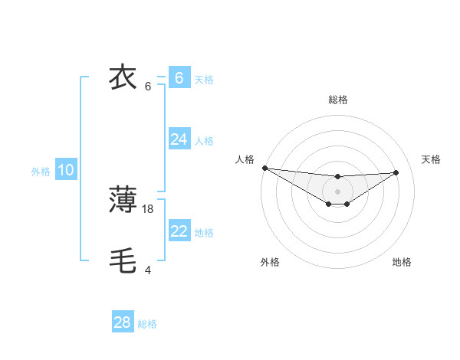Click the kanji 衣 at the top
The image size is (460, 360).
[x=123, y=77]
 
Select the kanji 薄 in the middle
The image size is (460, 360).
[x=123, y=200]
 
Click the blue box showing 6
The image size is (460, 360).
[x=179, y=77]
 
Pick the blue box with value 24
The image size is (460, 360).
[x=179, y=139]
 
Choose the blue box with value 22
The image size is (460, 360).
[x=179, y=231]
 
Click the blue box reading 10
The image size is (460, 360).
[x=65, y=170]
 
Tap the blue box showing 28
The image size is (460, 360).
[x=122, y=322]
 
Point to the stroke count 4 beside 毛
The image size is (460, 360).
[x=148, y=270]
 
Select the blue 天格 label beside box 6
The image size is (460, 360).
[x=204, y=79]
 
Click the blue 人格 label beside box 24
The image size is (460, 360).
[x=204, y=141]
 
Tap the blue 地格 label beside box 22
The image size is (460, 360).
[x=204, y=233]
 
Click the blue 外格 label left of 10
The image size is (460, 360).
[x=41, y=172]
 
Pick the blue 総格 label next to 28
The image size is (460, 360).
[x=147, y=324]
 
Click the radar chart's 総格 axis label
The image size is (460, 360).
[x=338, y=100]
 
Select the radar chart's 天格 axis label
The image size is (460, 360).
[x=431, y=159]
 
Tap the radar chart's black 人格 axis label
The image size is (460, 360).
[x=245, y=159]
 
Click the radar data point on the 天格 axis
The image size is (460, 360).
[x=396, y=172]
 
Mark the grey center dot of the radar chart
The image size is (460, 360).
[x=338, y=191]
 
